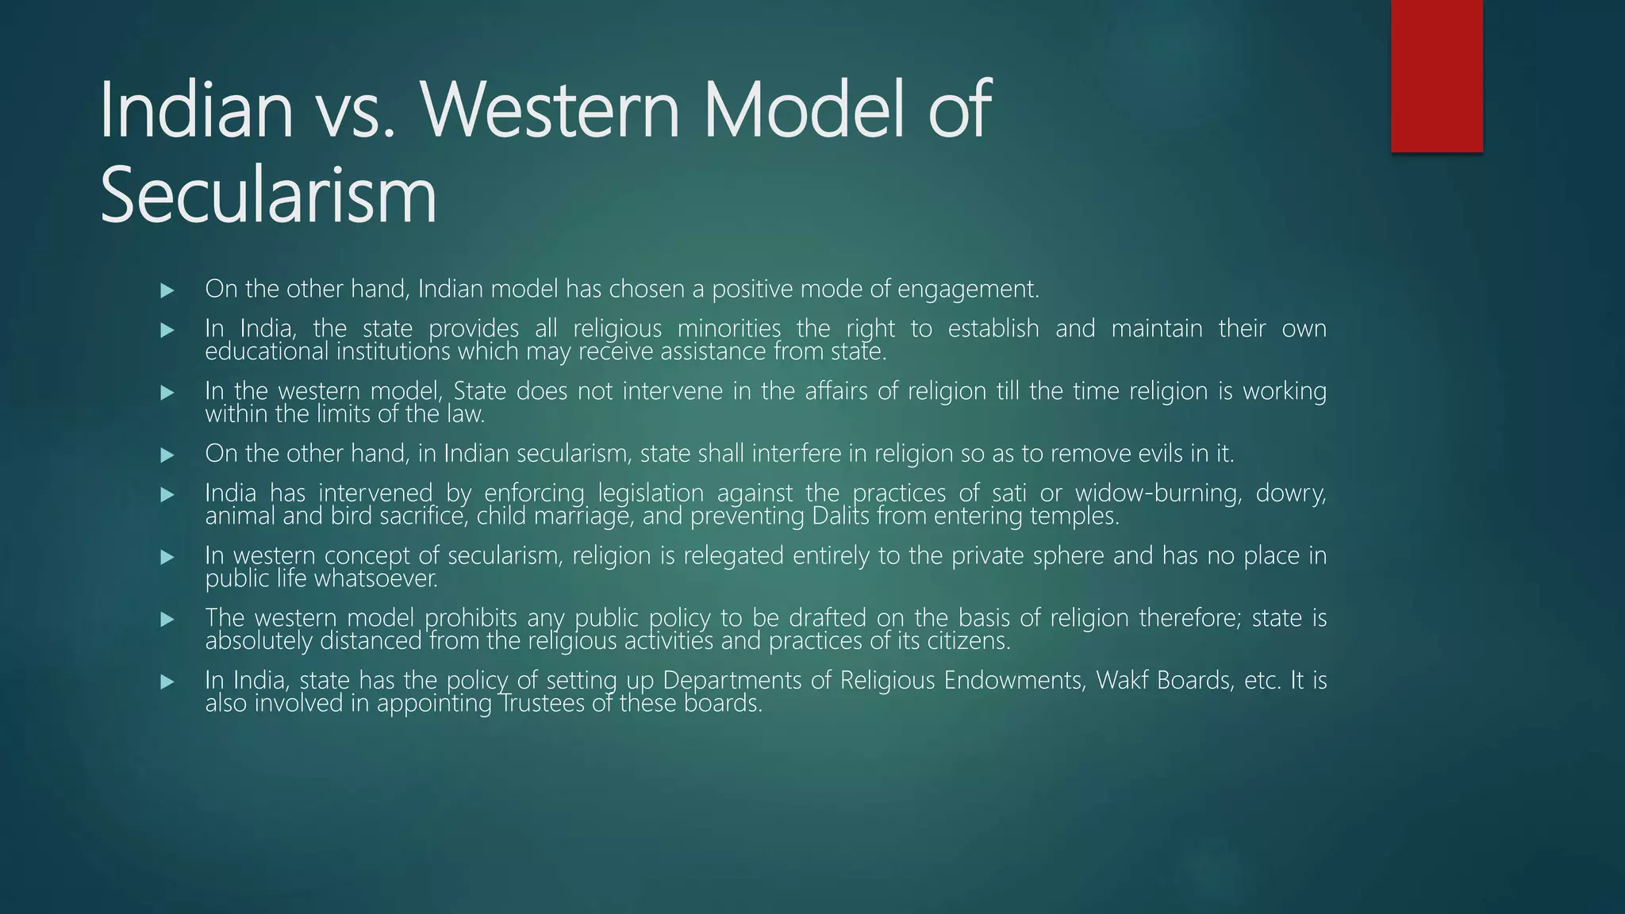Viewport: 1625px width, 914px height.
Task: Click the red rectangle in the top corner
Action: [1436, 76]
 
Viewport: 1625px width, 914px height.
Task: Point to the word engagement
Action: [967, 290]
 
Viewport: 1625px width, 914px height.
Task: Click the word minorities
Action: [729, 328]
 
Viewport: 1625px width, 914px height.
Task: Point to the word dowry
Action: [1291, 493]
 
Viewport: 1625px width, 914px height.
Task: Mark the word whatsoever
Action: [376, 579]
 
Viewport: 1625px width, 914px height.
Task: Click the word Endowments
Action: [1014, 681]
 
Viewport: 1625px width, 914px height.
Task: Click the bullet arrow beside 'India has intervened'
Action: [167, 494]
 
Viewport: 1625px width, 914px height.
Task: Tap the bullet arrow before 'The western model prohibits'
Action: [167, 619]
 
